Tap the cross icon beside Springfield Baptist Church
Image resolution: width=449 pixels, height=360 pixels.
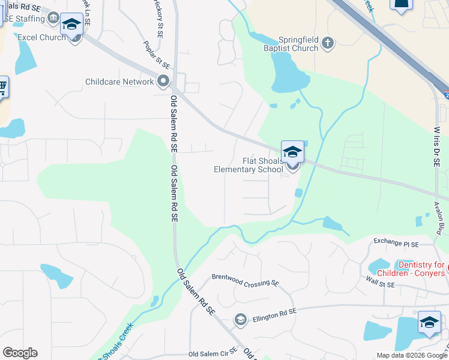(327, 42)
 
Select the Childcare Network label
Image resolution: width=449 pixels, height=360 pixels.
(119, 82)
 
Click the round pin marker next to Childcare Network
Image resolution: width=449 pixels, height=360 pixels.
(163, 81)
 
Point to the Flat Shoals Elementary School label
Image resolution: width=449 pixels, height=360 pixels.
(249, 165)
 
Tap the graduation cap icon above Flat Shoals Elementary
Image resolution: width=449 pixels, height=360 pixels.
(292, 152)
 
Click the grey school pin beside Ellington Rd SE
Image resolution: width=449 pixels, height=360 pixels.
(241, 319)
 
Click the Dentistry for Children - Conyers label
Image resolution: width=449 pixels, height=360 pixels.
(423, 269)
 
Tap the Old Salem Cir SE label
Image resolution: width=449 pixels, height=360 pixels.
(214, 355)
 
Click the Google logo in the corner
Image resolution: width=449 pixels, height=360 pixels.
(20, 353)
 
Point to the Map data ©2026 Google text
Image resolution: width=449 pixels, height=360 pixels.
(412, 355)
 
